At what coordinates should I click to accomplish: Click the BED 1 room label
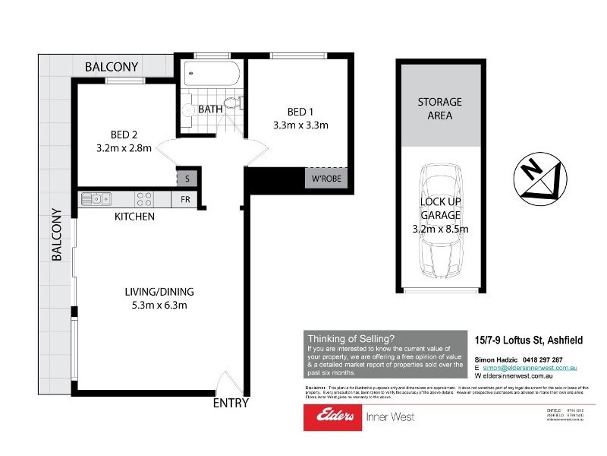pos(300,109)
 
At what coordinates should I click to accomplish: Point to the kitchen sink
pos(96,199)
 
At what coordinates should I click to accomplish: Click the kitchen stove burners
pos(144,199)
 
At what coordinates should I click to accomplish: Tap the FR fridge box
pos(184,200)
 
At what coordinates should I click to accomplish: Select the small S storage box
pos(187,179)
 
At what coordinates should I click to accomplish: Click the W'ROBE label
pos(324,180)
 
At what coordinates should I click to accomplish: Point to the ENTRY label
pos(231,403)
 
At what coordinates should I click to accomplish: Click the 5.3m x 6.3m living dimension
pos(159,306)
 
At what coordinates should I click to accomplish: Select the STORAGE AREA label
pos(439,109)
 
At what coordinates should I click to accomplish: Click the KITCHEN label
pos(134,217)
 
